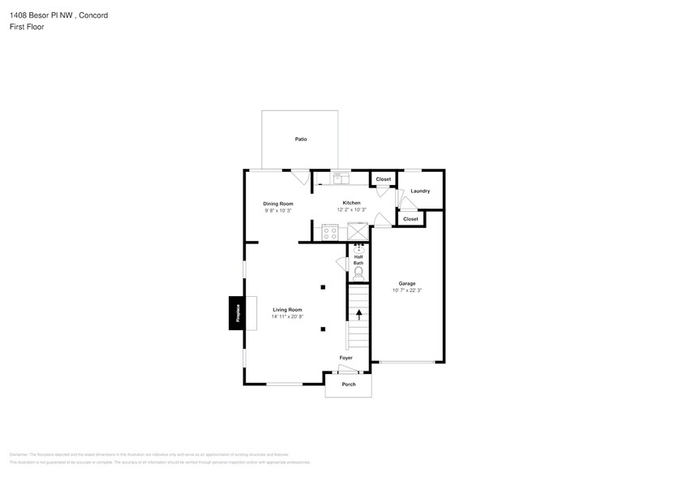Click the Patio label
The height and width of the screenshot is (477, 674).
(301, 140)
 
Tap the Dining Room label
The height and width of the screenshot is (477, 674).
(277, 204)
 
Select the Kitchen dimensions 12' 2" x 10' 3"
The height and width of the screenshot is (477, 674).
(352, 210)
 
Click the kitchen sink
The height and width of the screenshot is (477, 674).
(339, 178)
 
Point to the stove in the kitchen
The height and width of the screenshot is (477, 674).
(330, 233)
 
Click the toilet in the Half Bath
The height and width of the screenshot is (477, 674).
(358, 272)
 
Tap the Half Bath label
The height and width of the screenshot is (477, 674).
(358, 260)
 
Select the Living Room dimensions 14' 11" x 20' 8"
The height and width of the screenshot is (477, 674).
(287, 316)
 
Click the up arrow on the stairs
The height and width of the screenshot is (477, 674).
(358, 314)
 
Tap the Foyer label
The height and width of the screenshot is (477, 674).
(346, 358)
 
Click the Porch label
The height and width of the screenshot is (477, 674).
(348, 385)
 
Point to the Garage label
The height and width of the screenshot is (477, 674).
(406, 283)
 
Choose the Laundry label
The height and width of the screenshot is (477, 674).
(420, 191)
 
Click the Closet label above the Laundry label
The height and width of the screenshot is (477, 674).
(383, 179)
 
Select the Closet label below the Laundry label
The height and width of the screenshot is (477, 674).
(410, 219)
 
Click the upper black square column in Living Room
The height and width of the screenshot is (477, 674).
(323, 287)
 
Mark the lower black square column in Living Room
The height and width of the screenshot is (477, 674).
(323, 329)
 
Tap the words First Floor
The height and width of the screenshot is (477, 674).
(28, 27)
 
